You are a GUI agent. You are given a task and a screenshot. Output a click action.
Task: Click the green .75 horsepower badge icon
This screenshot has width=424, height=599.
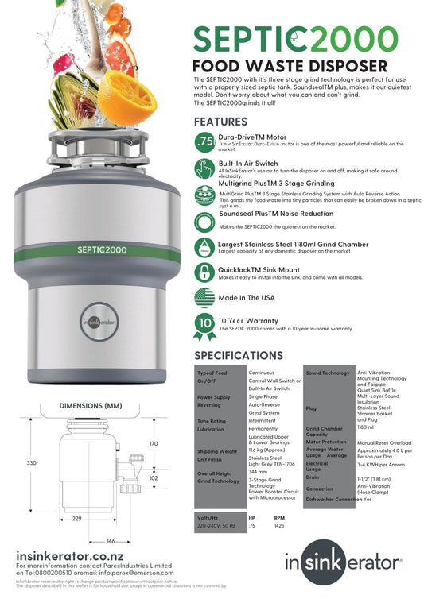(204, 141)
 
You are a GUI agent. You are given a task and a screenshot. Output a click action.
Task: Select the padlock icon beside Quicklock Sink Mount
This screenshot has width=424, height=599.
(204, 271)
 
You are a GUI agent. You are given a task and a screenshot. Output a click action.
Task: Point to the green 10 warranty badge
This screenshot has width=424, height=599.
(204, 323)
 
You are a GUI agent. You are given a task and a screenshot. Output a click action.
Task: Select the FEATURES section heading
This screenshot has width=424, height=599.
(220, 122)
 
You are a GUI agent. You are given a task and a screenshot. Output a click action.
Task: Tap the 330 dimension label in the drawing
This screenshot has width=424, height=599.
(31, 462)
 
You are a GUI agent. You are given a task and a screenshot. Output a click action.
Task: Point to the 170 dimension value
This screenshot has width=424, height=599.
(154, 443)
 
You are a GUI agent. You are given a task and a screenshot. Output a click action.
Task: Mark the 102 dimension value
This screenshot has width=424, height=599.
(154, 479)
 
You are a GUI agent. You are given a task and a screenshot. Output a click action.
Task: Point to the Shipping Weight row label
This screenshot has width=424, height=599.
(217, 450)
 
